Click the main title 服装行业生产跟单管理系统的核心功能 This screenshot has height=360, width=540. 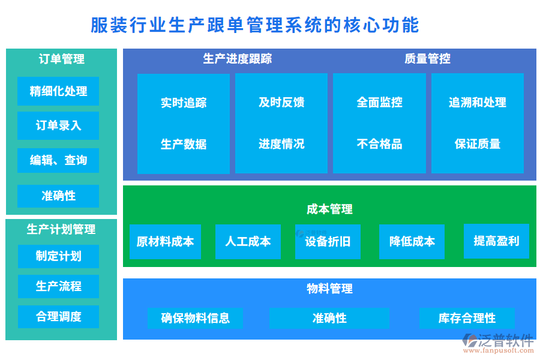click(x=254, y=25)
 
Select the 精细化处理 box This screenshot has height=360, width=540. click(x=58, y=91)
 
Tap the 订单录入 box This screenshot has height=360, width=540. click(x=58, y=125)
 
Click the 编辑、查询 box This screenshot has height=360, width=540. click(x=58, y=160)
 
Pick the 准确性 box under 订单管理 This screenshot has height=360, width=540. click(x=58, y=196)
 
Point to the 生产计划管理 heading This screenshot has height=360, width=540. click(x=61, y=229)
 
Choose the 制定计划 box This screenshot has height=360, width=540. click(x=58, y=256)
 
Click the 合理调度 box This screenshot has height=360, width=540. click(x=58, y=316)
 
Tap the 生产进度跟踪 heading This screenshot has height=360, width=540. click(x=238, y=59)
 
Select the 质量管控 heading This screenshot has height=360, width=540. click(x=427, y=59)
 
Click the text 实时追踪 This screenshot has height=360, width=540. click(x=184, y=103)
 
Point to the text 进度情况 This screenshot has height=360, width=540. click(x=281, y=144)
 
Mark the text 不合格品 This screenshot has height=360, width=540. click(x=379, y=144)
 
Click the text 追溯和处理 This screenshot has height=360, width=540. click(x=478, y=103)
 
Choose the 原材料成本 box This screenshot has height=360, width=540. click(x=165, y=241)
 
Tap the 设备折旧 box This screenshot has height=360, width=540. click(x=328, y=241)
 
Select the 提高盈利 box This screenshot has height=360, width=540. click(x=496, y=241)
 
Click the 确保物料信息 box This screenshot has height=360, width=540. click(x=195, y=318)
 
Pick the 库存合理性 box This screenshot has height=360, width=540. click(x=467, y=318)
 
